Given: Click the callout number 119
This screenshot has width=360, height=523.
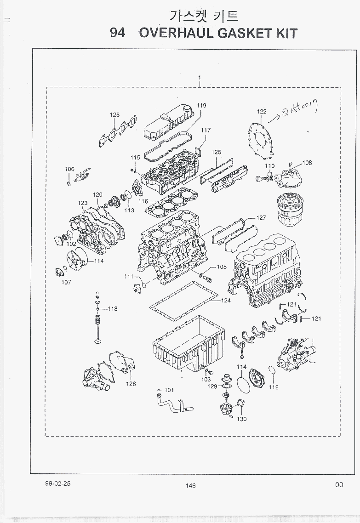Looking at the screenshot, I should click(201, 106).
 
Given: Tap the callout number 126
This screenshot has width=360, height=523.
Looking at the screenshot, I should click(114, 115).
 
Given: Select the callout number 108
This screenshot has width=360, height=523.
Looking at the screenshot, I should click(307, 163).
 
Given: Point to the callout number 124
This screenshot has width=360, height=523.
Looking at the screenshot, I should click(225, 301).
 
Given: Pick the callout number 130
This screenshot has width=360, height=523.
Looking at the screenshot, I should click(241, 419).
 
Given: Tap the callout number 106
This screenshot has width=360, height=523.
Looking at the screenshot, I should click(69, 170).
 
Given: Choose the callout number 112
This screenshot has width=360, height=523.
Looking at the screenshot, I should click(274, 387).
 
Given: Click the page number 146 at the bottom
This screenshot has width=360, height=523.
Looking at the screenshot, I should click(190, 485).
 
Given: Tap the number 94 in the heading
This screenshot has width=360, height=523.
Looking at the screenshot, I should click(118, 34).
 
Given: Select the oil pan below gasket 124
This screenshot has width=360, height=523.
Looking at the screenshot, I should click(189, 342).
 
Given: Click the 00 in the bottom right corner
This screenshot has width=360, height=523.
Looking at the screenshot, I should click(339, 484).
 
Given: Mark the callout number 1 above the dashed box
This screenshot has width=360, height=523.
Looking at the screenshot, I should click(200, 78).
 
